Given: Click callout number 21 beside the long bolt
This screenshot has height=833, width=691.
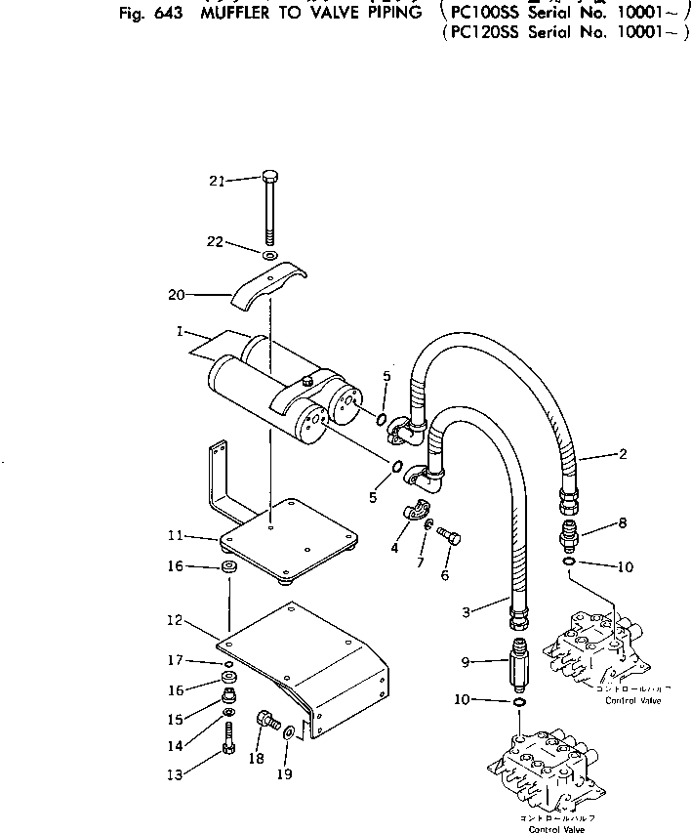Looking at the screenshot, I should (x=217, y=181).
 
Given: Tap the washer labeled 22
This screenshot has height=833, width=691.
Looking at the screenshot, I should (x=271, y=256).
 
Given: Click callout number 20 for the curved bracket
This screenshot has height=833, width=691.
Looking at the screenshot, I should (x=177, y=293).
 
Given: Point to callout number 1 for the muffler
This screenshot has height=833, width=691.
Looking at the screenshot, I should (x=181, y=332).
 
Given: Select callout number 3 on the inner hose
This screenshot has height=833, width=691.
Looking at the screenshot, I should (x=467, y=611).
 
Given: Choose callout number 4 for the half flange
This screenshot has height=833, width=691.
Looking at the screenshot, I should (x=394, y=548).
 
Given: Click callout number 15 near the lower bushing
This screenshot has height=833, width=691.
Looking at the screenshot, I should (x=177, y=720).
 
